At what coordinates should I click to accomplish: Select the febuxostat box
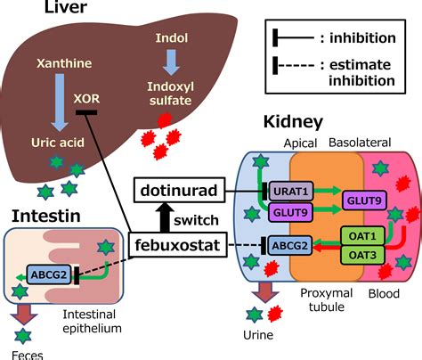178,243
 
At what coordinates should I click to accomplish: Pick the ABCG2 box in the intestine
46,274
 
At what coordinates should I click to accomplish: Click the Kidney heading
293,121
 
